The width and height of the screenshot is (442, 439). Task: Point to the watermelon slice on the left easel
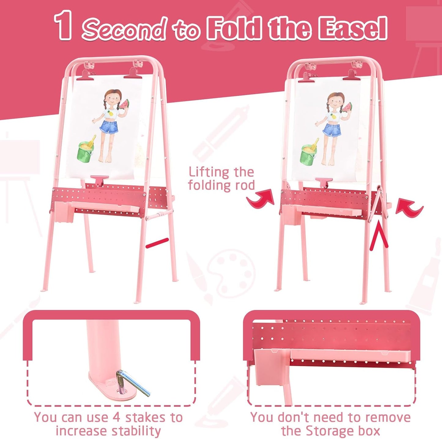tap(125, 106)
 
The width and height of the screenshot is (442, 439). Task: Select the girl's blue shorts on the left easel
tap(108, 130)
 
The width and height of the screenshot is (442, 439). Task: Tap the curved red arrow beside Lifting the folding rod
tap(261, 200)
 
